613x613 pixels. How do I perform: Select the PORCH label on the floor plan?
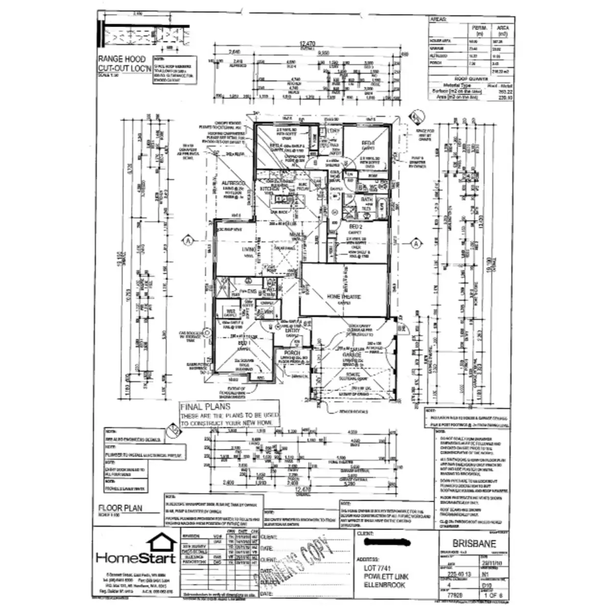292,353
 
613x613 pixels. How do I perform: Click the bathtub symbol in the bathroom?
382,206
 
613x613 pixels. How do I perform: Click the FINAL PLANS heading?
205,407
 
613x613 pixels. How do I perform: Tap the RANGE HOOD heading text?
122,59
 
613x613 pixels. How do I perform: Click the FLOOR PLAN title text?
121,508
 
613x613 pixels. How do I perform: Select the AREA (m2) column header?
502,30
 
